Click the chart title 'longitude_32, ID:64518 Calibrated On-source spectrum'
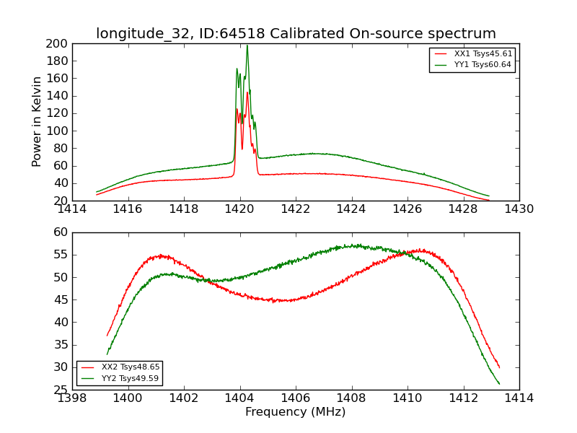pyautogui.click(x=296, y=34)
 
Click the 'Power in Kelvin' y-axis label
pyautogui.click(x=37, y=122)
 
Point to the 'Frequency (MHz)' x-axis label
pyautogui.click(x=295, y=412)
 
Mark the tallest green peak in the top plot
pyautogui.click(x=247, y=45)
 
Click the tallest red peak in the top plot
pyautogui.click(x=247, y=92)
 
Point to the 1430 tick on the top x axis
pyautogui.click(x=519, y=209)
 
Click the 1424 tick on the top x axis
pyautogui.click(x=351, y=209)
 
